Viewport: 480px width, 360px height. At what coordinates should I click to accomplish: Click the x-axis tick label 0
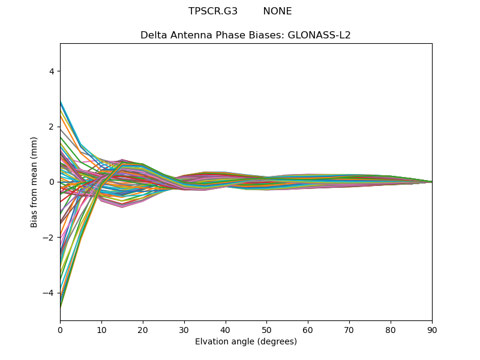pyautogui.click(x=60, y=329)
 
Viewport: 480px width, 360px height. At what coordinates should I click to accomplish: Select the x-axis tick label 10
pyautogui.click(x=101, y=329)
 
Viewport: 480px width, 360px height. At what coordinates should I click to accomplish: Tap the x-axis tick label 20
pyautogui.click(x=143, y=329)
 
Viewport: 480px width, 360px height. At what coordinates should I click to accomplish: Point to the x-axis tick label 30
pyautogui.click(x=184, y=329)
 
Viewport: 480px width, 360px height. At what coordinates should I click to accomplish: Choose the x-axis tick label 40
pyautogui.click(x=225, y=329)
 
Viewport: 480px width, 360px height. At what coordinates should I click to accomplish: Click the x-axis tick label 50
pyautogui.click(x=266, y=329)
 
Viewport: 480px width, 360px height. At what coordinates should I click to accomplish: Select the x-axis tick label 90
pyautogui.click(x=432, y=329)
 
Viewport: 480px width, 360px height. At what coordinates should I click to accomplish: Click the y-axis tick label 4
pyautogui.click(x=52, y=71)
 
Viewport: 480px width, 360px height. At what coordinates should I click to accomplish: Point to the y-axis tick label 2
pyautogui.click(x=52, y=127)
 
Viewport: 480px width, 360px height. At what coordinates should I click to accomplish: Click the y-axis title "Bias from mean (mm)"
pyautogui.click(x=35, y=182)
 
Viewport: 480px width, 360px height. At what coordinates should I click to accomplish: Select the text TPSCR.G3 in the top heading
pyautogui.click(x=213, y=11)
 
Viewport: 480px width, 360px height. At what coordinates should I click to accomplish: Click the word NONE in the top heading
pyautogui.click(x=277, y=11)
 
